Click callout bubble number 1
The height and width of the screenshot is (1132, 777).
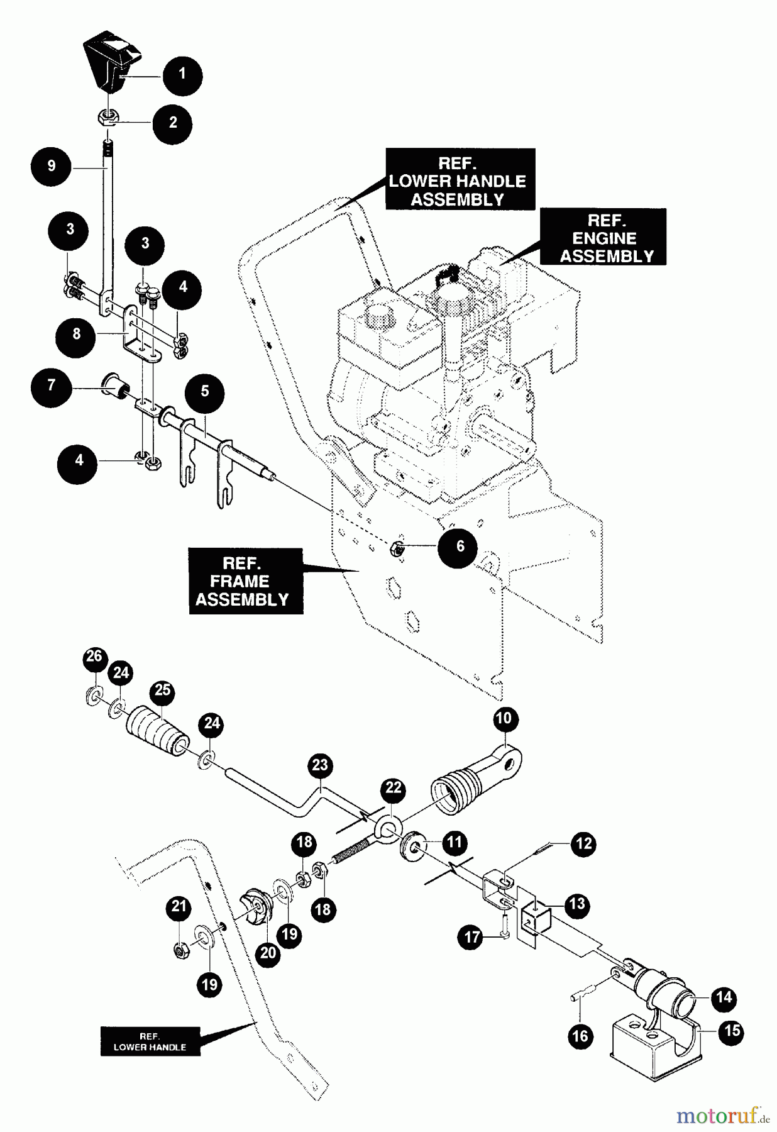(x=182, y=75)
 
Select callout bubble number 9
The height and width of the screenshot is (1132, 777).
(x=51, y=166)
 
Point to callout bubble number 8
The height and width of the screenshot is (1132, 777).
(x=76, y=334)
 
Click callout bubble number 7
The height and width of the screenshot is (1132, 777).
(x=51, y=385)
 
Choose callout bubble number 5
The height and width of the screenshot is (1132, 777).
(x=205, y=392)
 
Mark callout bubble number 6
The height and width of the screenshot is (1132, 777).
(x=459, y=546)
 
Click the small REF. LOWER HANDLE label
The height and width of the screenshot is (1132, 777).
(x=150, y=1041)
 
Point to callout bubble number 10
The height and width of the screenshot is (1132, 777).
(x=505, y=719)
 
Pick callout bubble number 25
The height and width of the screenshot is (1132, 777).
(x=163, y=690)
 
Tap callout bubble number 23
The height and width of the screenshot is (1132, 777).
(x=321, y=765)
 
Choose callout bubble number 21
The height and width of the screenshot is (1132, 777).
(x=180, y=907)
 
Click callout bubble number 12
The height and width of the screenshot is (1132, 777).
(x=584, y=843)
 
